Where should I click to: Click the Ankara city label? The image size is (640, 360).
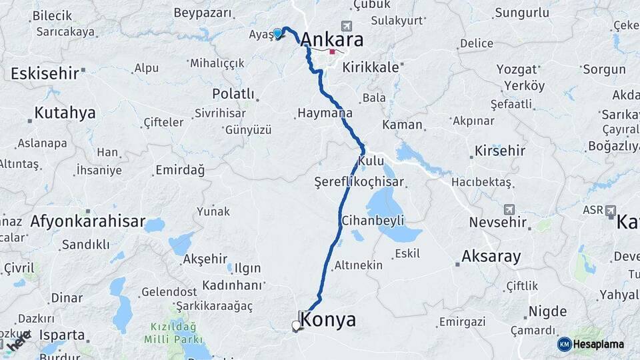pyautogui.click(x=332, y=40)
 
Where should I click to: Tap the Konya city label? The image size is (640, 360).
pyautogui.click(x=328, y=320)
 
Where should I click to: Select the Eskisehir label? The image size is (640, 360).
pyautogui.click(x=44, y=73)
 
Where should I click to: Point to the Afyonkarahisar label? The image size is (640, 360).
pyautogui.click(x=87, y=221)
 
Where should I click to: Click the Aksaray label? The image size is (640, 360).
pyautogui.click(x=491, y=256)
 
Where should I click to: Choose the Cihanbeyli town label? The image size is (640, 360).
pyautogui.click(x=373, y=220)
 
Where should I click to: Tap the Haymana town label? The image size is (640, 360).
pyautogui.click(x=325, y=113)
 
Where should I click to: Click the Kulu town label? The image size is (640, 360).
pyautogui.click(x=371, y=161)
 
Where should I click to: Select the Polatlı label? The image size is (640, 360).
pyautogui.click(x=233, y=94)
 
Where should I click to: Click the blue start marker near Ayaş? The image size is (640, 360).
pyautogui.click(x=277, y=33)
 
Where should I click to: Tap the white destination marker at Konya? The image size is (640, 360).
pyautogui.click(x=296, y=326)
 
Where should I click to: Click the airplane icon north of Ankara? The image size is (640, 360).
pyautogui.click(x=346, y=26)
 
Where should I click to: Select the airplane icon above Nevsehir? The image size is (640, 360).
pyautogui.click(x=509, y=209)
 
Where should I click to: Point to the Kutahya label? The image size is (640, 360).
pyautogui.click(x=65, y=113)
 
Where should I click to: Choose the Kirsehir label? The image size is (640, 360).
pyautogui.click(x=500, y=151)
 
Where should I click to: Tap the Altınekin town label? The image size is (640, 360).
pyautogui.click(x=359, y=265)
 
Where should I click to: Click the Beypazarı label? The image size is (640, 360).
pyautogui.click(x=203, y=13)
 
